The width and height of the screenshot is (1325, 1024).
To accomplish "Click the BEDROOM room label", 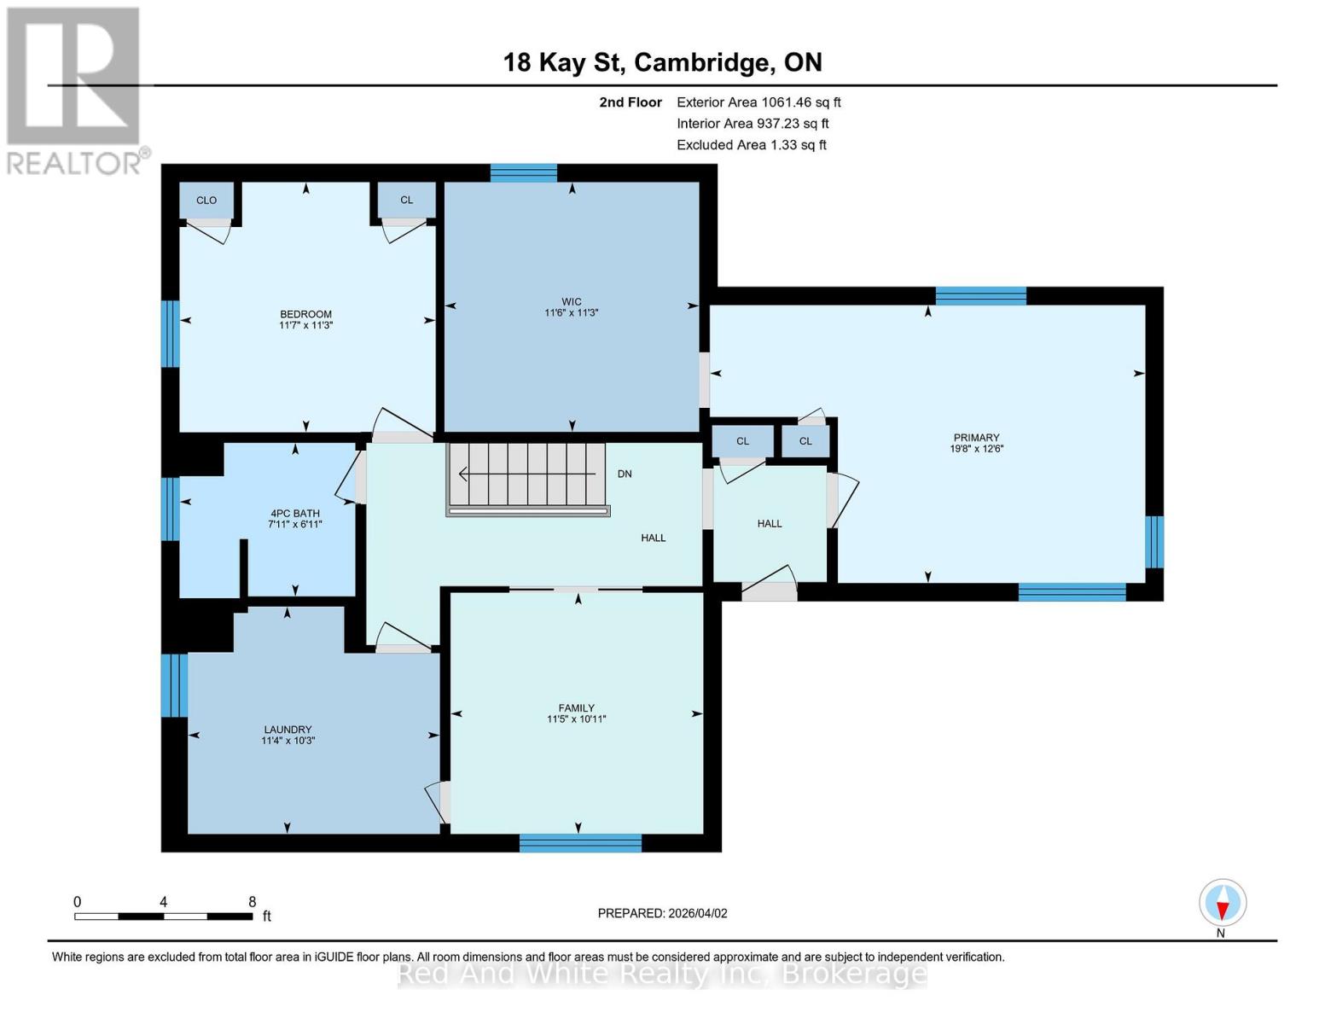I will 305,314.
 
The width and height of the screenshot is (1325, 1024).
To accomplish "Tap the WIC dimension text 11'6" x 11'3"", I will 572,313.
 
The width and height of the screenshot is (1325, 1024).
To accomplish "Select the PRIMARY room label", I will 976,437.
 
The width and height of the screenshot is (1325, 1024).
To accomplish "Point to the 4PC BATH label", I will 294,513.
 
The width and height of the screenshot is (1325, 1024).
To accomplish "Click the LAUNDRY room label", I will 288,730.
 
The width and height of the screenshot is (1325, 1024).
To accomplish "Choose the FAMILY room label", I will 577,707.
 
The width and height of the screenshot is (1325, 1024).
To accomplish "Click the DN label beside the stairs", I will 625,474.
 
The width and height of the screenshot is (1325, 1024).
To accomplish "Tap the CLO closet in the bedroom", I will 206,201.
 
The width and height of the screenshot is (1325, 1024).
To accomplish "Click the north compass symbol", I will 1223,903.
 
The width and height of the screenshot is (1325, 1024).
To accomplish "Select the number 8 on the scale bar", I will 252,902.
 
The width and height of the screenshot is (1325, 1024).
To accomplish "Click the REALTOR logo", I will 75,90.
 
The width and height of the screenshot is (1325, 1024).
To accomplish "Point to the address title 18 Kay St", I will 662,62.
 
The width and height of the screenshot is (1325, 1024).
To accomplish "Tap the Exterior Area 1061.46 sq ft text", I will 758,102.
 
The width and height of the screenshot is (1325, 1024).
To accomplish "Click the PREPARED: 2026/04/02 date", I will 662,913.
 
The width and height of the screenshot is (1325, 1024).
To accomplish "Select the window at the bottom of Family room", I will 580,843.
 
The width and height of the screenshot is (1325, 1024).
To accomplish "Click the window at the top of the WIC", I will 524,173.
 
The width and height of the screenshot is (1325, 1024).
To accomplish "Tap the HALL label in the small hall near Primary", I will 770,524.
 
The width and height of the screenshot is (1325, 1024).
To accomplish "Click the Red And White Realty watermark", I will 662,974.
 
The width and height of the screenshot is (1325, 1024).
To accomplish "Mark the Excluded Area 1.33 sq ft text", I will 751,145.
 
